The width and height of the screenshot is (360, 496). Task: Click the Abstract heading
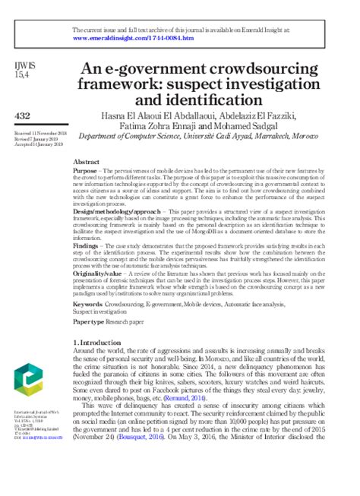[x=85, y=163]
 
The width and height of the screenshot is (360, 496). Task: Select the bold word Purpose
[x=85, y=173]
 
